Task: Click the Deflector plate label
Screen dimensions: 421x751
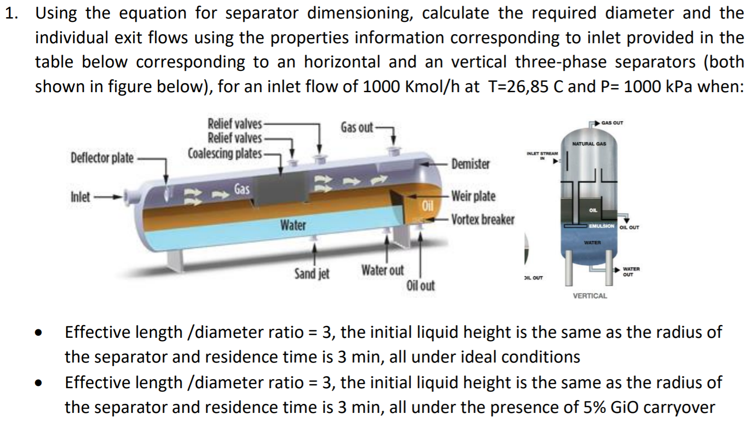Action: point(102,158)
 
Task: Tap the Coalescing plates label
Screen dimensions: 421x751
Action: point(224,153)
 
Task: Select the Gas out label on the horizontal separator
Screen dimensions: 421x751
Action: point(356,127)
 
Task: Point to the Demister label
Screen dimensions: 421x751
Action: point(470,164)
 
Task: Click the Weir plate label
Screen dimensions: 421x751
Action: point(473,196)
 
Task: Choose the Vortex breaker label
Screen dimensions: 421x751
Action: point(482,220)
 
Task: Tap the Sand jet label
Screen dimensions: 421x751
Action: point(311,274)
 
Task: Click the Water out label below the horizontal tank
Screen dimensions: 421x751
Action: point(382,270)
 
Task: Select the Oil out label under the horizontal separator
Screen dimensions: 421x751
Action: point(420,286)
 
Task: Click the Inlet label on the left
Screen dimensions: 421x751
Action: point(80,196)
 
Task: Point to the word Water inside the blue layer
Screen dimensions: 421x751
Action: point(292,225)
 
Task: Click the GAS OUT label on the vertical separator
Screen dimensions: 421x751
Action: point(612,123)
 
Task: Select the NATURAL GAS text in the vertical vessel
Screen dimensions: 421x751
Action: point(589,144)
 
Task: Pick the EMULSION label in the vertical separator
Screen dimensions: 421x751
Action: point(601,226)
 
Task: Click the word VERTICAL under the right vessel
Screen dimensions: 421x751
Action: point(590,296)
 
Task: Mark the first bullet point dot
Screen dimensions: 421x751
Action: point(42,333)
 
